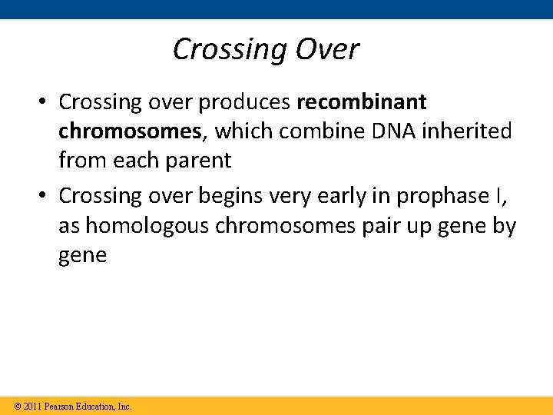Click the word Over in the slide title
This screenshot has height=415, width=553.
click(x=324, y=49)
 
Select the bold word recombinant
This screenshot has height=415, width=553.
click(x=361, y=102)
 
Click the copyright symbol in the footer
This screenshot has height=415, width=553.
click(x=18, y=406)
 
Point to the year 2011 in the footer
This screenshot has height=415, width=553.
click(x=32, y=406)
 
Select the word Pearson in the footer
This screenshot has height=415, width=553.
click(x=61, y=406)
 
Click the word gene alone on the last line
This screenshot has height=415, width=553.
click(x=82, y=256)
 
